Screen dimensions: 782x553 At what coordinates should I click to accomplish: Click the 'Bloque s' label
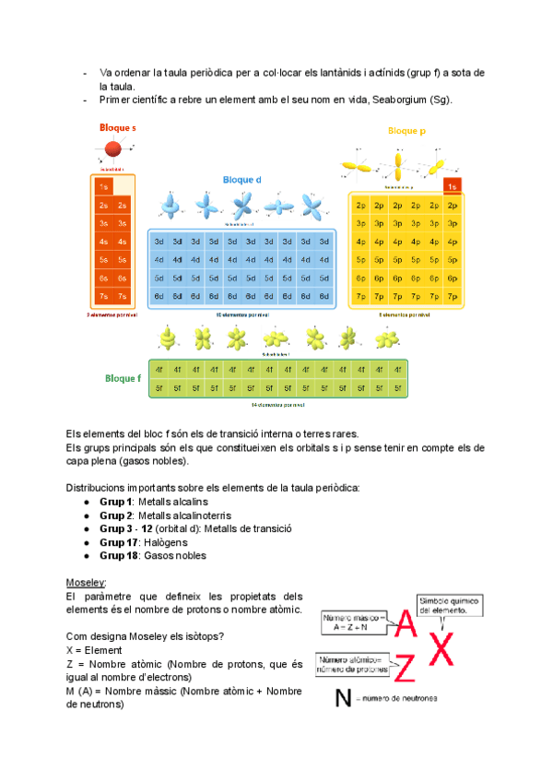coord(118,127)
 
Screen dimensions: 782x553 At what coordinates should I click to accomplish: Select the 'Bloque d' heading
coord(242,180)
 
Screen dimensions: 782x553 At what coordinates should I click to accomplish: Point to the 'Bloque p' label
coord(406,131)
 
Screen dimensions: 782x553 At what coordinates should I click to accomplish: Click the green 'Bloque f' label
coord(122,378)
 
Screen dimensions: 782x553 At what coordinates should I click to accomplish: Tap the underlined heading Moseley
coord(86,584)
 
